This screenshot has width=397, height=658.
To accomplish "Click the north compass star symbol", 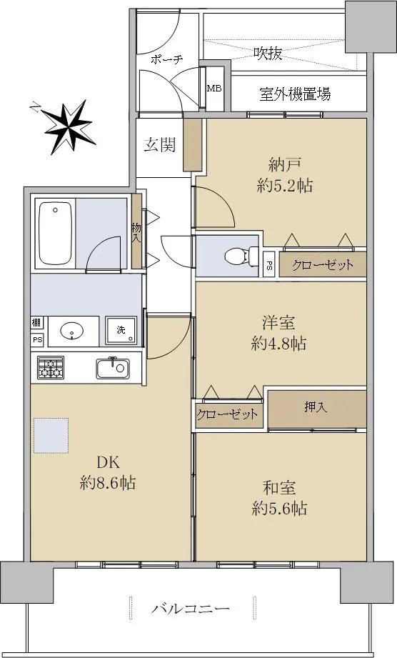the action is click(67, 126).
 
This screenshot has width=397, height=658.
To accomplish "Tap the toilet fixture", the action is click(241, 255).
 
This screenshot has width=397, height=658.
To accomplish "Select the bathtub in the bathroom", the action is click(55, 233).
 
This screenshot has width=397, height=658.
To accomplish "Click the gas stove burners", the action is click(50, 368).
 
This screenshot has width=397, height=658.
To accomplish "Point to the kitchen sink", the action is click(112, 368).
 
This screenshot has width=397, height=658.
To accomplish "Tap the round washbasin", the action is click(71, 331).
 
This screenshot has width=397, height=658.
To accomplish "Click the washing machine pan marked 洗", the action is click(121, 330).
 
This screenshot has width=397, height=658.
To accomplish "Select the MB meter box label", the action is click(214, 89).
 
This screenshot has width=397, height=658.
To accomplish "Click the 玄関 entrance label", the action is click(160, 145).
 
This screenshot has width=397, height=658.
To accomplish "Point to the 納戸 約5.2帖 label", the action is click(285, 175).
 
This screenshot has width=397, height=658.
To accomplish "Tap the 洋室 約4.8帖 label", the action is click(278, 333).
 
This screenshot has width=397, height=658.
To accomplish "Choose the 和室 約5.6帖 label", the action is click(279, 498).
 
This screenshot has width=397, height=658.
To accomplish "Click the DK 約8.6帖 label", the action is click(108, 473).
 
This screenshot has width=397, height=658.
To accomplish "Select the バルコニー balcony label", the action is click(191, 608).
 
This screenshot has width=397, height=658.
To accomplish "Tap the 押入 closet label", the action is click(316, 407).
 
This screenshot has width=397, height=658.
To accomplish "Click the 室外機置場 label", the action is click(295, 94).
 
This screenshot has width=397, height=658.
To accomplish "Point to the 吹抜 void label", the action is click(268, 53).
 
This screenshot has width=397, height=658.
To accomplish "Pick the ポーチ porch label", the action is click(167, 59).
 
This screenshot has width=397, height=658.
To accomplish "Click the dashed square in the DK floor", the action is click(51, 435).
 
